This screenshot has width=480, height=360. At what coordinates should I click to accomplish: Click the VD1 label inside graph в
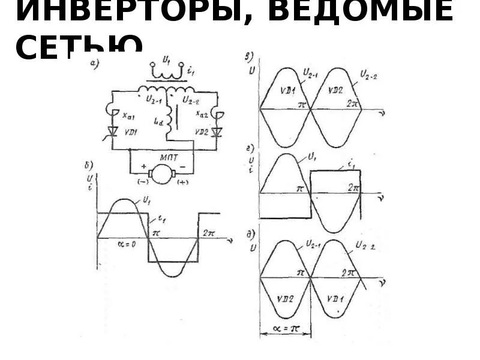(x=285, y=90)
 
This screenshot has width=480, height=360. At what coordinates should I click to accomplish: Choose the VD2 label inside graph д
(x=284, y=296)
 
